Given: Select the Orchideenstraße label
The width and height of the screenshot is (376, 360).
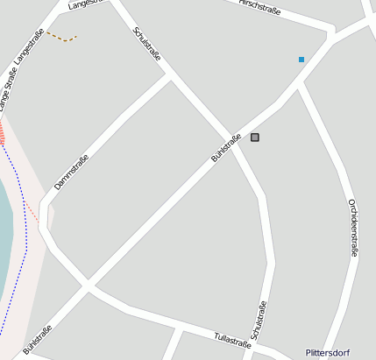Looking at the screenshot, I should tap(352, 227).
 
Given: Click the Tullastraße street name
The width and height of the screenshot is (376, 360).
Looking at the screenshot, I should tap(232, 339).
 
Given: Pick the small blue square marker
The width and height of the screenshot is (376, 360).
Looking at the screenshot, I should tap(302, 60).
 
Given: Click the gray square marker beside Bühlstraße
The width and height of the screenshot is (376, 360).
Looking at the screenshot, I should tap(255, 138).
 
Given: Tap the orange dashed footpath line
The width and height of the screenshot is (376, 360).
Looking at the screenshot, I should tap(62, 38).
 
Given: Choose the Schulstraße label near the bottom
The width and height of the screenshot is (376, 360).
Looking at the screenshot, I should tap(259, 321).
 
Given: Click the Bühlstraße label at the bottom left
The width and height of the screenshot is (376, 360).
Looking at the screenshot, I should tap(38, 340).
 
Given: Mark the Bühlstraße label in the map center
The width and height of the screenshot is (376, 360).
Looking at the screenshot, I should tap(226, 148).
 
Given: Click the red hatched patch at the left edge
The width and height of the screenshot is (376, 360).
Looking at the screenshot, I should tap(2, 133).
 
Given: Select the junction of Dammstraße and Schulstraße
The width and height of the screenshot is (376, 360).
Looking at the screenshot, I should tap(170, 76).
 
